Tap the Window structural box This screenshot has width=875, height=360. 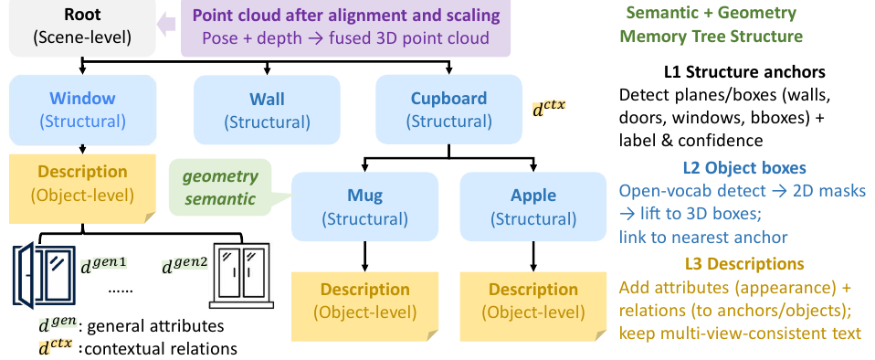(82, 110)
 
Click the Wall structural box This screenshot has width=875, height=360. (267, 110)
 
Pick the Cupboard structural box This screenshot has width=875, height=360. (448, 110)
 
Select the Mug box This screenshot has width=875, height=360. (364, 206)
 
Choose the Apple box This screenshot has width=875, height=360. (532, 206)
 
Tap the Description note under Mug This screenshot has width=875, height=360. (364, 306)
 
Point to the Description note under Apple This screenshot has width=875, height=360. (532, 306)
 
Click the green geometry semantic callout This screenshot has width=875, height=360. (220, 187)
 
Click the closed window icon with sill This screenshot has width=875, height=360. (241, 276)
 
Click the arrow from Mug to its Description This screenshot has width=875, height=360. (364, 257)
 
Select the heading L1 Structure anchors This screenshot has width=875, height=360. (744, 72)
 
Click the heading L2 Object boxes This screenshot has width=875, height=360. (744, 167)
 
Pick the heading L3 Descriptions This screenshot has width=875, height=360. (744, 263)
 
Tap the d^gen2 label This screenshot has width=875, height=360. (184, 265)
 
